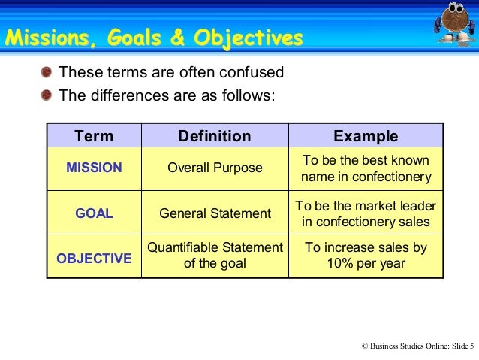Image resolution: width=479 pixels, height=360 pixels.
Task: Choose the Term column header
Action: pyautogui.click(x=94, y=136)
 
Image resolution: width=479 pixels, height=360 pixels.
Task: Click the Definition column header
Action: pyautogui.click(x=214, y=136)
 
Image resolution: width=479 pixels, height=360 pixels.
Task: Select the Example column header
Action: pyautogui.click(x=366, y=136)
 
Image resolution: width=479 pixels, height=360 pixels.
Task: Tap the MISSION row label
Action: pyautogui.click(x=94, y=168)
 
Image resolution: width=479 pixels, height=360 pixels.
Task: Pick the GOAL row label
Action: pyautogui.click(x=94, y=213)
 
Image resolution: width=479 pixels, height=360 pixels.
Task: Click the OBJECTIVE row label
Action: pyautogui.click(x=94, y=259)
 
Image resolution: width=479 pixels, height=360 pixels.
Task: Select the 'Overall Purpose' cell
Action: pyautogui.click(x=215, y=168)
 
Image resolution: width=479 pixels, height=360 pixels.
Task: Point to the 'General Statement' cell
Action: pyautogui.click(x=215, y=213)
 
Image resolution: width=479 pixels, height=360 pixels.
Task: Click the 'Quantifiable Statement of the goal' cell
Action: pyautogui.click(x=215, y=255)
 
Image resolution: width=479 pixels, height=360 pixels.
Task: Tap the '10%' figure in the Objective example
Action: pyautogui.click(x=339, y=264)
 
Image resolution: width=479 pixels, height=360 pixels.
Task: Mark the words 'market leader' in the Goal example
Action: pyautogui.click(x=400, y=205)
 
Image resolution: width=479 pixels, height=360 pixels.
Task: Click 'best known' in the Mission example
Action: pyautogui.click(x=399, y=160)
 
